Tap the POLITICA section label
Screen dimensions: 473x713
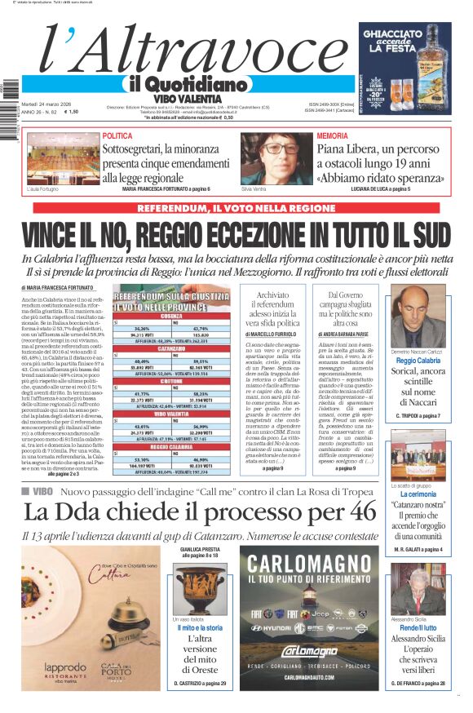click(x=117, y=136)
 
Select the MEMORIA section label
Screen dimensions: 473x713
click(x=332, y=136)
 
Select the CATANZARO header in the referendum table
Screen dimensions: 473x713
click(x=171, y=348)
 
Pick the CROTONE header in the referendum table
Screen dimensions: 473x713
click(x=171, y=382)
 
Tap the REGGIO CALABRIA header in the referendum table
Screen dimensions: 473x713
click(x=171, y=447)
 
